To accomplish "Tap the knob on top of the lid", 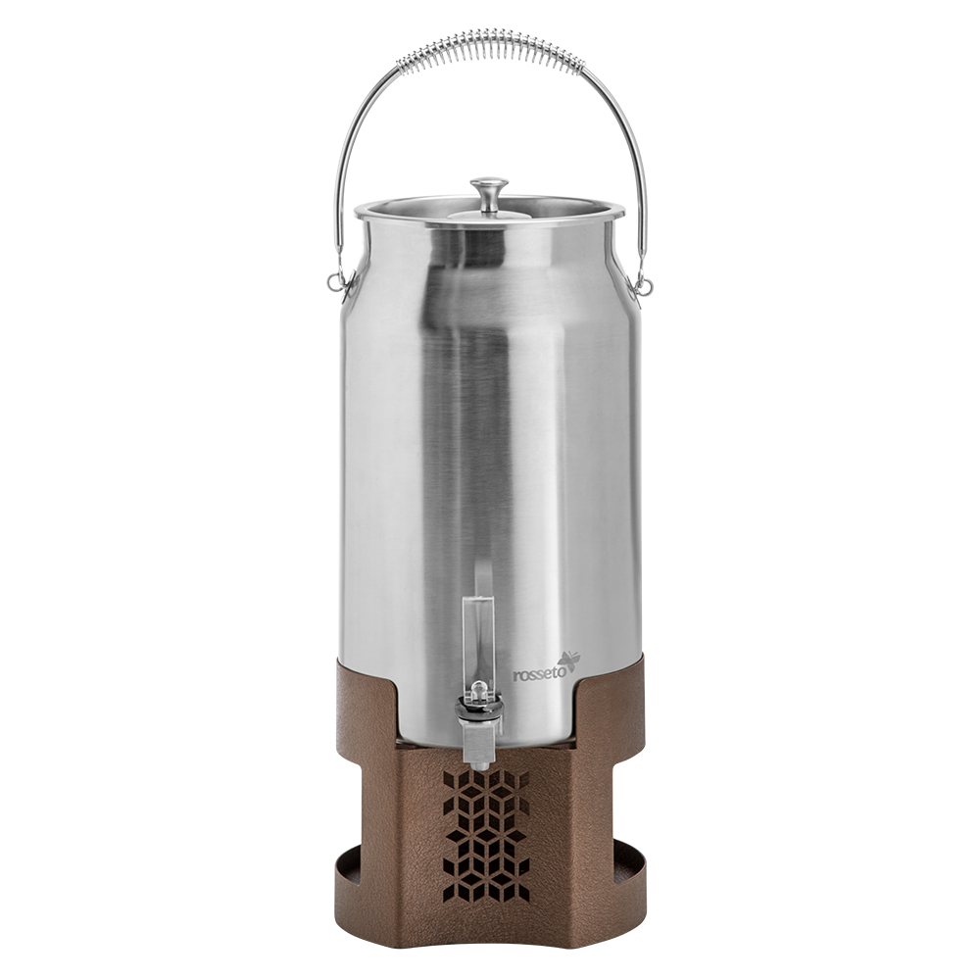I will (489, 187).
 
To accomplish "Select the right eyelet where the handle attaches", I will (643, 286).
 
